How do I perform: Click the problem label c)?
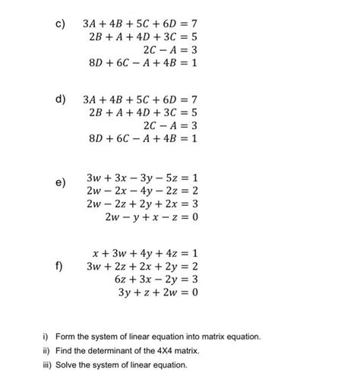pyautogui.click(x=58, y=13)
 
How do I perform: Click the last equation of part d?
pyautogui.click(x=143, y=140)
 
